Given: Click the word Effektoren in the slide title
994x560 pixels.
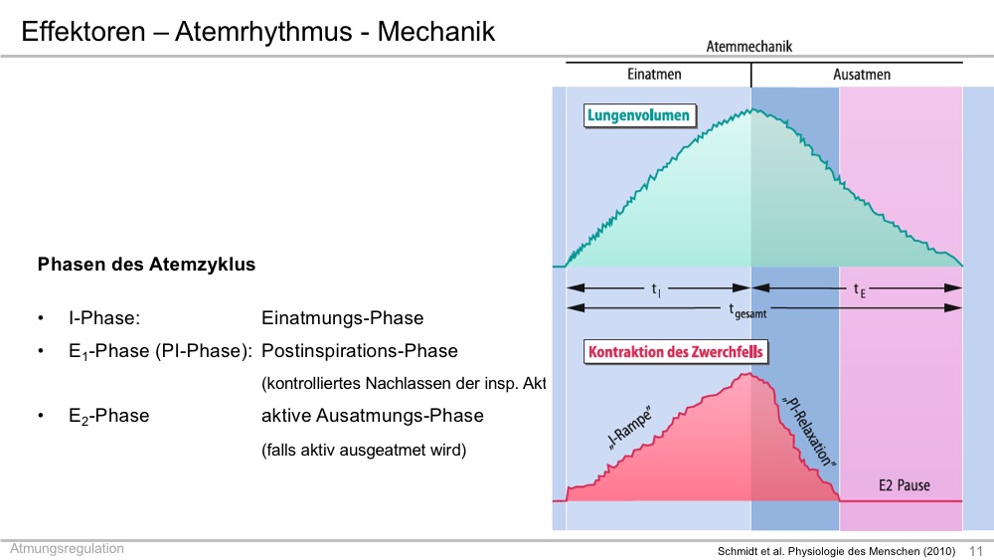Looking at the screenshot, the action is click(x=83, y=31).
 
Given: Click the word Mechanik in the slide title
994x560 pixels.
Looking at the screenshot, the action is click(x=436, y=31).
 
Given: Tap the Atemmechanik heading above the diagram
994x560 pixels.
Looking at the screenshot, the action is click(x=748, y=47).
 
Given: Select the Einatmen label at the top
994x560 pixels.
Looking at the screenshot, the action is click(x=654, y=75).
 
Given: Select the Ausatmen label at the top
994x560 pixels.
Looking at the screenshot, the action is click(x=862, y=75).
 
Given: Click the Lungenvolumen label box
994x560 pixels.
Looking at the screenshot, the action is click(x=639, y=115).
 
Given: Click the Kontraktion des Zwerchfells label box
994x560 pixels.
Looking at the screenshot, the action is click(x=676, y=352).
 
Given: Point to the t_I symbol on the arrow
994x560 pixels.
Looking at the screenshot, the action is click(x=656, y=289).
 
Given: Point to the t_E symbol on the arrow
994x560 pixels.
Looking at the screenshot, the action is click(x=859, y=289).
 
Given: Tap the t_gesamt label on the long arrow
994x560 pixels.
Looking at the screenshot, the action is click(x=747, y=310).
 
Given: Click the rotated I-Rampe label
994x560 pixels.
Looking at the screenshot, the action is click(x=629, y=430).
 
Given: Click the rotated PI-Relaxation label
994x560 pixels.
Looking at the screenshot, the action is click(x=809, y=432).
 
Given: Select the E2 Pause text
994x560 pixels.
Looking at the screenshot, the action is click(x=904, y=485).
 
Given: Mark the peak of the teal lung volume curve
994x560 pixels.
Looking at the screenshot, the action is click(x=752, y=109).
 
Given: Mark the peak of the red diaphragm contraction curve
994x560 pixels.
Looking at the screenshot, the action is click(x=748, y=374).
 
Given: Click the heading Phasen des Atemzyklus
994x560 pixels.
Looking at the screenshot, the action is click(x=146, y=265).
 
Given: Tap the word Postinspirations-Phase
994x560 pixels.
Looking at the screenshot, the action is click(x=360, y=351).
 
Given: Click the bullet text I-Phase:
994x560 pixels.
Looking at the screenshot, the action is click(x=104, y=317).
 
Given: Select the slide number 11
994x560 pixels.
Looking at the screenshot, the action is click(x=976, y=551).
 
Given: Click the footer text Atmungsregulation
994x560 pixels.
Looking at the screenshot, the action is click(x=67, y=549).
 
